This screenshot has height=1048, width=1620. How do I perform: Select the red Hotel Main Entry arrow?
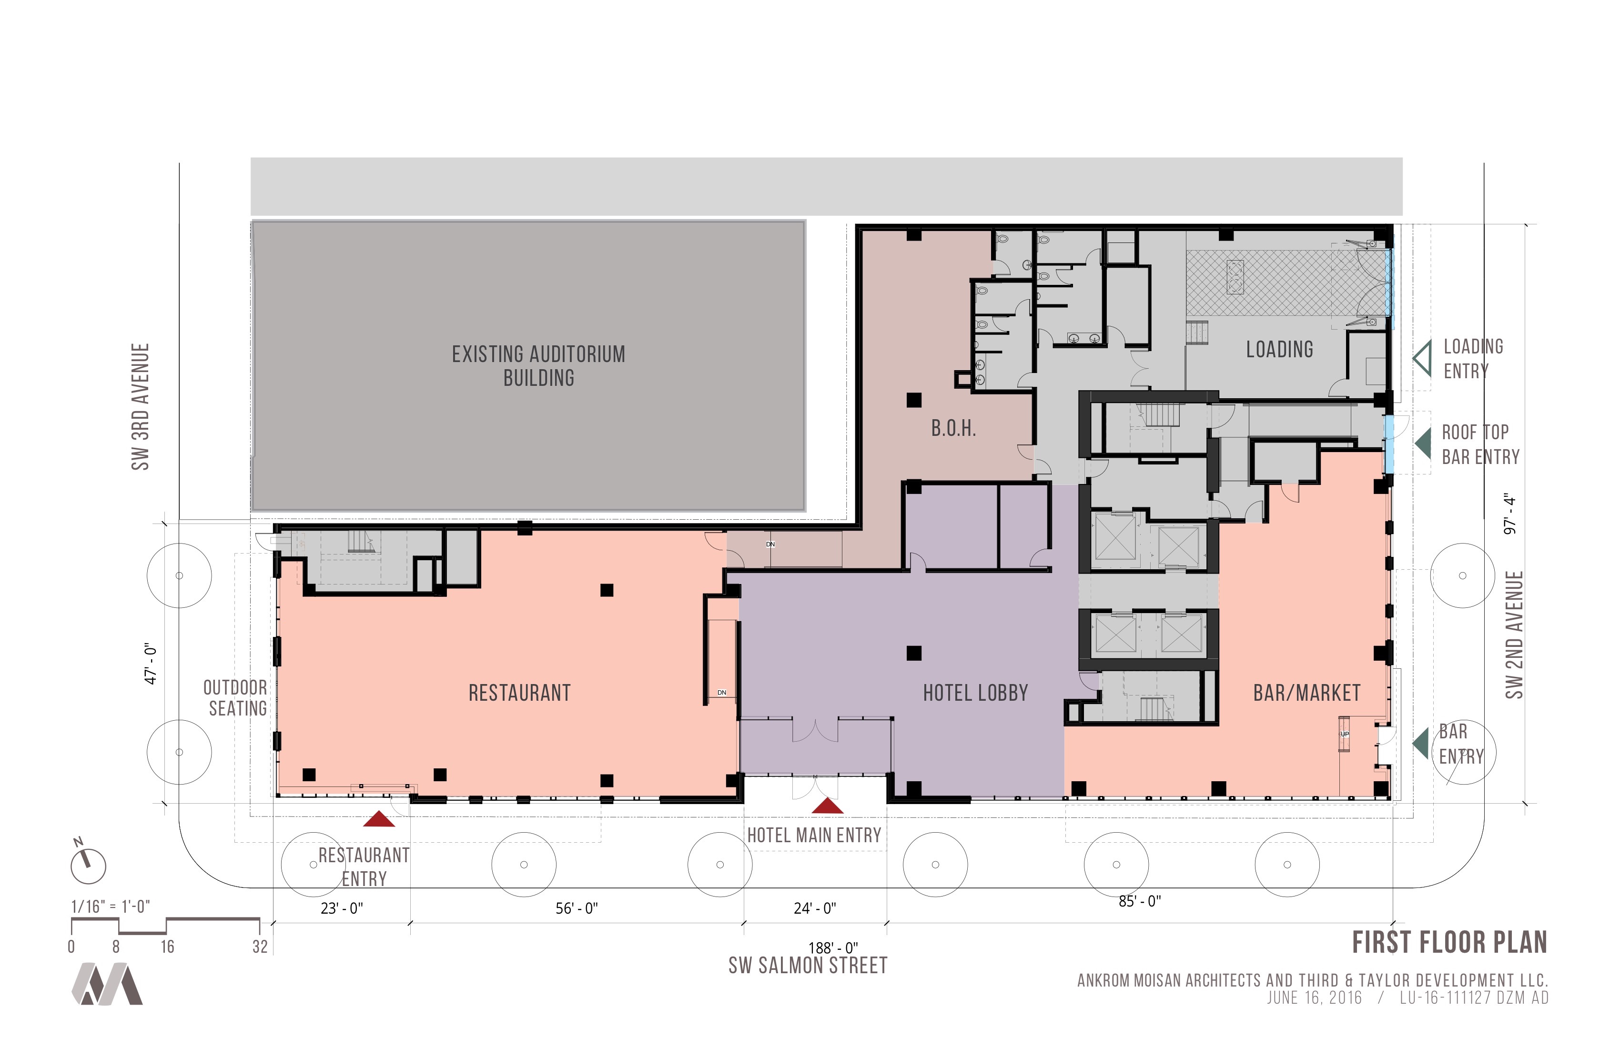(828, 806)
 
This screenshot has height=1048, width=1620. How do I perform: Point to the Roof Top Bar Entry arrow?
(1423, 443)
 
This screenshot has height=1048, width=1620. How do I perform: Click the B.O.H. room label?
(953, 428)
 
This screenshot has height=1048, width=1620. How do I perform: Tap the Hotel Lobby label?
(975, 693)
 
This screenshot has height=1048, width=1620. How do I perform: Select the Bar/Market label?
(1307, 693)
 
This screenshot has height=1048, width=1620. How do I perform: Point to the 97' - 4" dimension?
(1510, 514)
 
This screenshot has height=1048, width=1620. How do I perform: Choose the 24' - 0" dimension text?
(815, 908)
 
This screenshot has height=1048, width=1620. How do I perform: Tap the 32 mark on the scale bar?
(260, 947)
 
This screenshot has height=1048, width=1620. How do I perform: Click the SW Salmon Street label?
(808, 966)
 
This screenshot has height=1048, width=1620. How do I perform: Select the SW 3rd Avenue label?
(140, 406)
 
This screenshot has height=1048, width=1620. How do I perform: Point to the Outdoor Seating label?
(235, 697)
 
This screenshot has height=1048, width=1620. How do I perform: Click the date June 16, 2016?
(1315, 998)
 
